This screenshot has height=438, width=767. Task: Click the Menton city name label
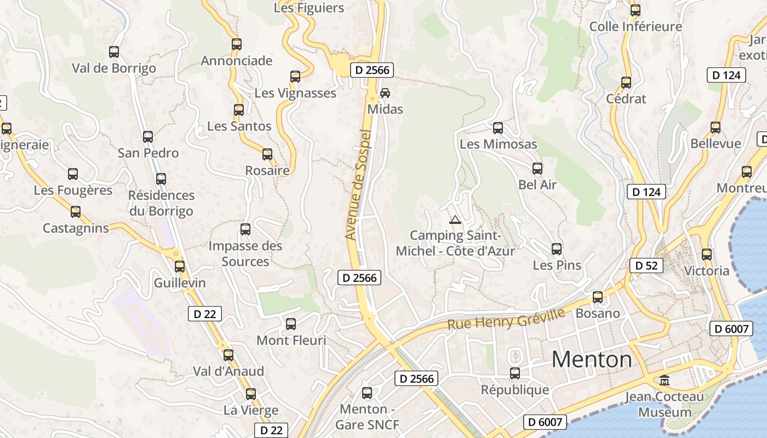coord(592,360)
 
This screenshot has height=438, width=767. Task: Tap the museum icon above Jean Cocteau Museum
coord(665,379)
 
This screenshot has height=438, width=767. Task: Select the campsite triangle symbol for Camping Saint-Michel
coord(454,220)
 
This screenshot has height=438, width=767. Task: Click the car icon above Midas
coord(385,93)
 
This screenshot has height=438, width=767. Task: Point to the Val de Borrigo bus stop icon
coord(114,52)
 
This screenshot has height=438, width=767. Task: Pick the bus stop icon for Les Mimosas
coord(498,128)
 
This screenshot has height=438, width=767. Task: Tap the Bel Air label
coord(537,185)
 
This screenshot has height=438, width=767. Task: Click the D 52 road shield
coord(646,266)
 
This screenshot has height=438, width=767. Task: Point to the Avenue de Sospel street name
coord(359,185)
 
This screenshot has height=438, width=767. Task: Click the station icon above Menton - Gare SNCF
coord(367,393)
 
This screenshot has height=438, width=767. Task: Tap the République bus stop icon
coord(515,373)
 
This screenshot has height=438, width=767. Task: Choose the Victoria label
coord(707,270)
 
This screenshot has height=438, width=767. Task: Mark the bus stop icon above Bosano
coord(598,297)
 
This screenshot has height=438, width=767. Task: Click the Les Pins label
coord(557,266)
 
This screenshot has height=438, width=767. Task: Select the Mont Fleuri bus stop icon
coord(291,324)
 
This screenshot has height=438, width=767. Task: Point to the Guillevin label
coord(180,283)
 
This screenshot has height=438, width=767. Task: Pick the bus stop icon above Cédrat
coord(626,83)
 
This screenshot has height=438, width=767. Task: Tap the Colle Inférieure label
coord(636,26)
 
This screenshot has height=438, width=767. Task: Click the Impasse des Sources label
coord(245,253)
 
